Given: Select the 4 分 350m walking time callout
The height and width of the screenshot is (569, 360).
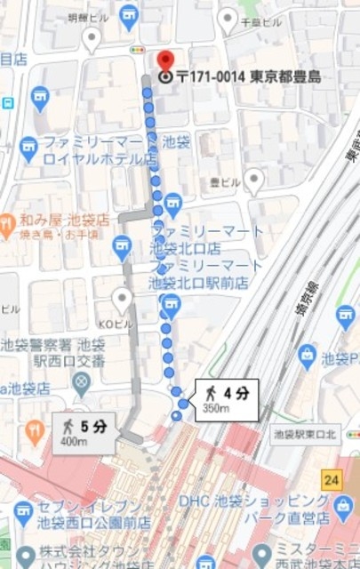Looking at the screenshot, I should click(228, 399).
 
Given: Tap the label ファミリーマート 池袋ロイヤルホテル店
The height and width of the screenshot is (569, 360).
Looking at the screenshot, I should click(100, 150).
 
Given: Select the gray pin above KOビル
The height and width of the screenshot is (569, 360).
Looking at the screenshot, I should click(122, 298).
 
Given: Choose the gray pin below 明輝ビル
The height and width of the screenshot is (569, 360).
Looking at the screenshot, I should click(91, 37).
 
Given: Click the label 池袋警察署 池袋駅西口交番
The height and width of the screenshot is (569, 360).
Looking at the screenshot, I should click(53, 353).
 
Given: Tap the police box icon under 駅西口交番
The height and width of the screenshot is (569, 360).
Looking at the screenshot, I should click(82, 383).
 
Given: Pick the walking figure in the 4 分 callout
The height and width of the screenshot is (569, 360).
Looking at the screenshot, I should click(210, 392).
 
